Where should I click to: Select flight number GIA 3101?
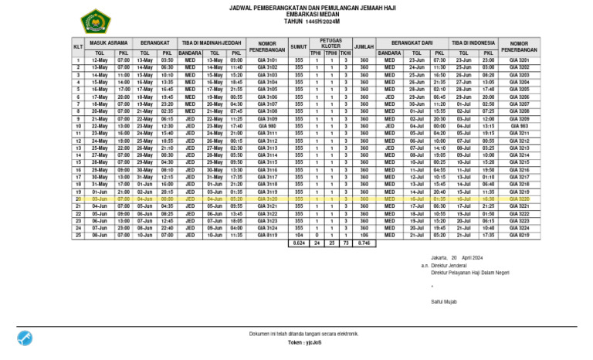click(267, 59)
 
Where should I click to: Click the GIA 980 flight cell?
click(267, 126)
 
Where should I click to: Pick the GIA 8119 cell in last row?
click(267, 235)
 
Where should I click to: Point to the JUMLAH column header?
click(364, 47)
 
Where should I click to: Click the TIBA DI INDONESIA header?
click(473, 43)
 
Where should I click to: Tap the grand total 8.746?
click(364, 243)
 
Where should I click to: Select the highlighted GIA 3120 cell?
click(267, 199)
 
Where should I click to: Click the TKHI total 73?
click(345, 243)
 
